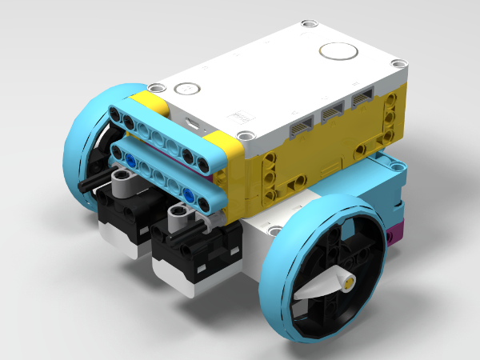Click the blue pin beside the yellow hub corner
[x=187, y=195]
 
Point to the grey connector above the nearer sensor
[x=179, y=215]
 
